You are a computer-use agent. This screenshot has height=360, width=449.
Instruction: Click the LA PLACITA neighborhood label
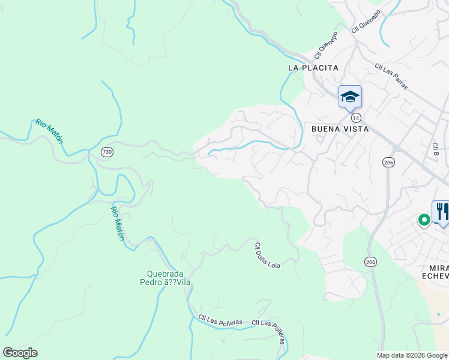pyautogui.click(x=313, y=68)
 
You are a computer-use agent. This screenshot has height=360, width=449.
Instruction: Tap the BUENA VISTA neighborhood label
pyautogui.click(x=339, y=128)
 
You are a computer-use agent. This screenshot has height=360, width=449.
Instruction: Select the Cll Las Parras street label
pyautogui.click(x=391, y=77)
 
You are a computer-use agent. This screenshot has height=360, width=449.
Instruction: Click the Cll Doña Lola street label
pyautogui.click(x=267, y=255)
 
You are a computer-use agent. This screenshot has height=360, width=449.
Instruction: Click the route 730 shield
pyautogui.click(x=107, y=152)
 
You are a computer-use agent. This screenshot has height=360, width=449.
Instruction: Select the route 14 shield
pyautogui.click(x=356, y=117)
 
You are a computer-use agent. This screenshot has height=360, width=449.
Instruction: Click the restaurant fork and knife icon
pyautogui.click(x=442, y=212)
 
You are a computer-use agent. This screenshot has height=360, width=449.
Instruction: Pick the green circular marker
pyautogui.click(x=424, y=220)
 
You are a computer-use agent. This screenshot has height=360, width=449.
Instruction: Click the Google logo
pyautogui.click(x=20, y=352)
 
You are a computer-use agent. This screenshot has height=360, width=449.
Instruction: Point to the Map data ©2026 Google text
pyautogui.click(x=412, y=355)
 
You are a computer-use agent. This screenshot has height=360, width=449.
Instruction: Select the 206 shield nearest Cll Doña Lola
pyautogui.click(x=370, y=262)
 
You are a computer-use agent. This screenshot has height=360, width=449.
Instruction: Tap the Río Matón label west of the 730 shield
pyautogui.click(x=49, y=131)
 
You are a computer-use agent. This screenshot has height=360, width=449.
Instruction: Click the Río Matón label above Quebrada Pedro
pyautogui.click(x=118, y=223)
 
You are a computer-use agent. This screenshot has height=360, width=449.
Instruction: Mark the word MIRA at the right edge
pyautogui.click(x=436, y=266)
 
